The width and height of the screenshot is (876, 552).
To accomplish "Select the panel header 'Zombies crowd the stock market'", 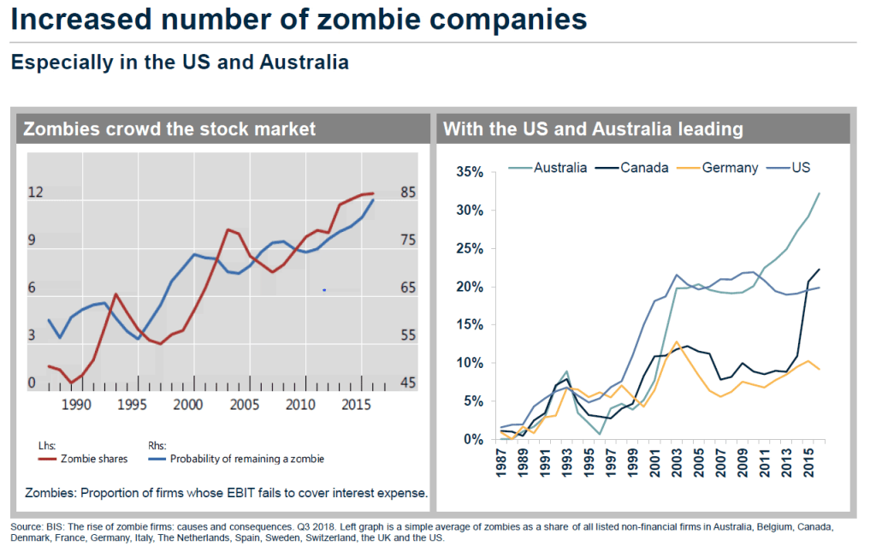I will point(169,129).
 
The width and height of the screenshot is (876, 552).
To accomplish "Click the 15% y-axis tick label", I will point(470,325).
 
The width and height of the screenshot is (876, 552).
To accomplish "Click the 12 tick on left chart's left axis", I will point(35,192).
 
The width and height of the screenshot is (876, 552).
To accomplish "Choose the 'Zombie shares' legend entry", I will point(94,459).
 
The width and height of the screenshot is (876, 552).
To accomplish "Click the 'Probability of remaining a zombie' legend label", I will point(247,459).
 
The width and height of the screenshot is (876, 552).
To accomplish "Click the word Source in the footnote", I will point(27,525).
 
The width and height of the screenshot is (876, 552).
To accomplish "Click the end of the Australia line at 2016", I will point(819,193).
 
